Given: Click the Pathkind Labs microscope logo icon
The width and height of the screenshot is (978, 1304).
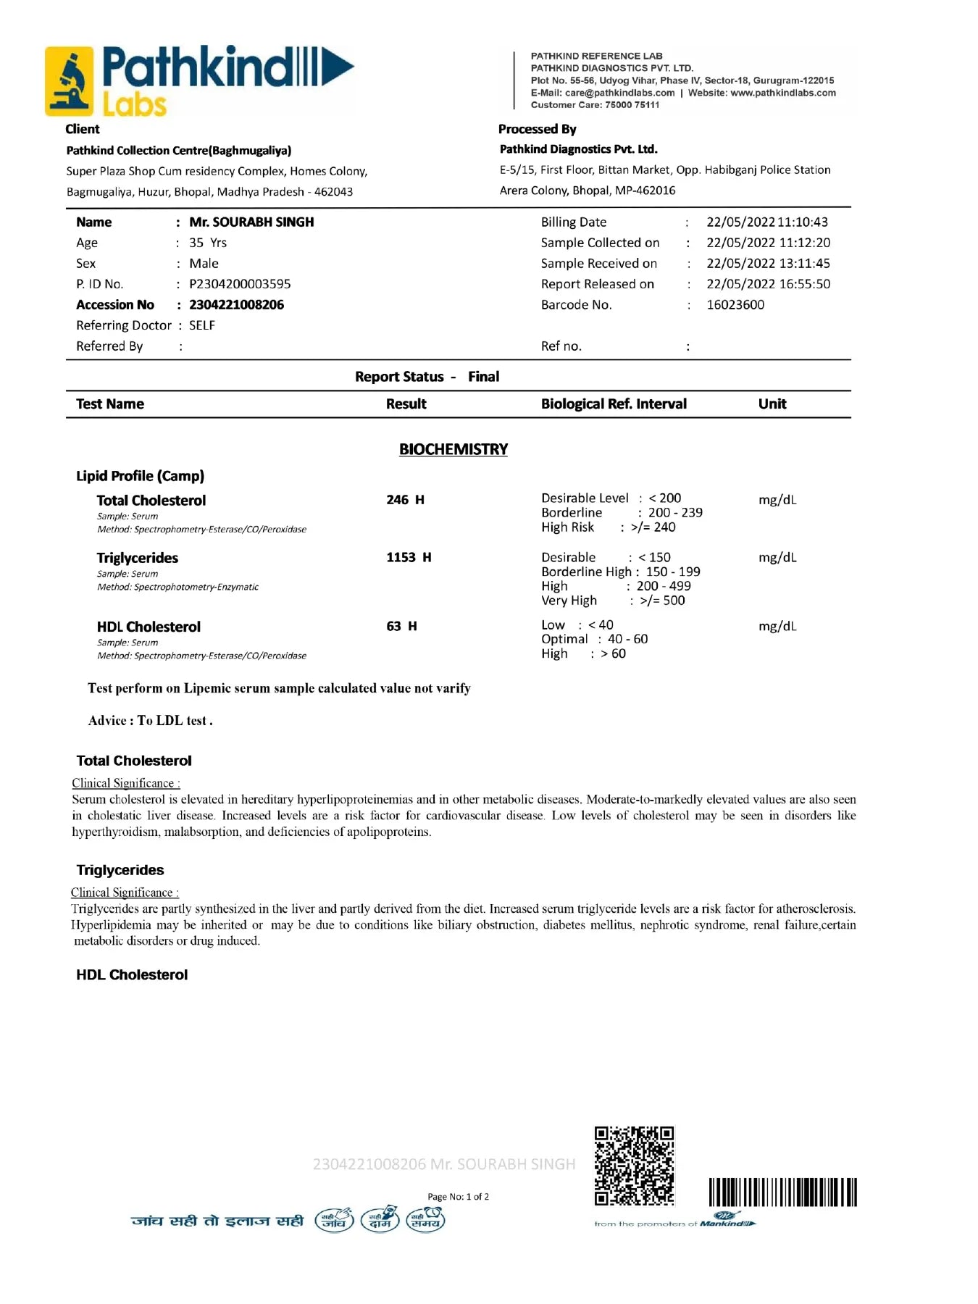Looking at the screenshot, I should (70, 81).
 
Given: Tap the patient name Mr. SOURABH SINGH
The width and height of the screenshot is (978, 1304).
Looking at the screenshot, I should (251, 222).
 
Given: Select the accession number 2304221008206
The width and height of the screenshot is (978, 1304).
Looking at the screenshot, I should (236, 305).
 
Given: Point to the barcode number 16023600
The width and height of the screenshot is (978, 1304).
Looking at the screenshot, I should (735, 305).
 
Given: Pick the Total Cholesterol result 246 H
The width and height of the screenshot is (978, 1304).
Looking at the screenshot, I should (405, 500).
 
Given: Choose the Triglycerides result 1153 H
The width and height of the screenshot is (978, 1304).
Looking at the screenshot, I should (409, 557).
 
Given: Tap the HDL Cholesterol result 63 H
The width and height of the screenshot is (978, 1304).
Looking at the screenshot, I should (401, 626).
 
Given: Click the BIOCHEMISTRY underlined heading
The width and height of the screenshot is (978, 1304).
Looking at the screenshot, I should (454, 449).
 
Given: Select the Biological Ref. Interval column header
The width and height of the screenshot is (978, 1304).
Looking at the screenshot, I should (614, 404).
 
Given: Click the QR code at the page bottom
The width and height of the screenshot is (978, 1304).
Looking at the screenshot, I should (634, 1166).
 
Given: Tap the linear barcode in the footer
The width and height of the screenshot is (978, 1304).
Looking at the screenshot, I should (782, 1192).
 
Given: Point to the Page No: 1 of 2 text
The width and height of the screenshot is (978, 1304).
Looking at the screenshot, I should (458, 1197).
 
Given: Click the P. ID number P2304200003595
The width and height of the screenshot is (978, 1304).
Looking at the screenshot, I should (240, 284).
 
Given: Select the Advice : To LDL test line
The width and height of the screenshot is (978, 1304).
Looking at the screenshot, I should (150, 721).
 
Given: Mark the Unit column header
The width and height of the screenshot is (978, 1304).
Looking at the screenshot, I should (772, 404).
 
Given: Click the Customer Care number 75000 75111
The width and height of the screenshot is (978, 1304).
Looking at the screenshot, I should (632, 105).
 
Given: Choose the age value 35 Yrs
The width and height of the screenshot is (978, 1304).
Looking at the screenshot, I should (208, 243).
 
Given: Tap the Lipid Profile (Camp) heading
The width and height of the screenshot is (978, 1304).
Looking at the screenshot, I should (140, 476).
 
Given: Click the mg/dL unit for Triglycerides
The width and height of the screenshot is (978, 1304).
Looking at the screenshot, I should (777, 557).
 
